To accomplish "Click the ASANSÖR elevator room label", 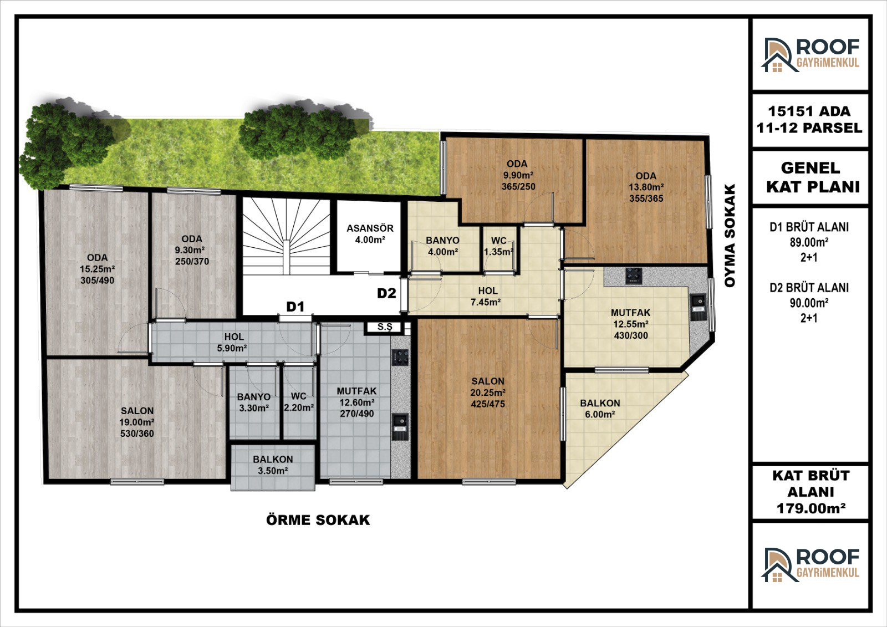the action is (x=370, y=234).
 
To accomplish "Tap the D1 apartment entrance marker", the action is (x=295, y=307).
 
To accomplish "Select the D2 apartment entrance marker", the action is (x=386, y=293).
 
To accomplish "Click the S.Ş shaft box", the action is (x=385, y=327).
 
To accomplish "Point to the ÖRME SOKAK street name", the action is (x=318, y=519).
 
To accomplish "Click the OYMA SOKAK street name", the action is (x=730, y=235).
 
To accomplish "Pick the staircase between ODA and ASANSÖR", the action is (x=286, y=237).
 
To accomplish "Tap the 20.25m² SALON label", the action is (x=488, y=392).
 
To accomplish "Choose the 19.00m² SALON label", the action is (x=137, y=422).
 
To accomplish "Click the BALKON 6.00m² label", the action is (x=600, y=409).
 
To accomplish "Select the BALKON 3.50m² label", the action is (x=273, y=465).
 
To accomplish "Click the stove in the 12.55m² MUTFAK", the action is (x=634, y=276).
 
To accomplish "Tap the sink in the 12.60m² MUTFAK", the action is (x=400, y=427).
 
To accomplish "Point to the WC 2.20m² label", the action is (x=299, y=401).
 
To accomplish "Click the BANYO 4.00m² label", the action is (x=443, y=246).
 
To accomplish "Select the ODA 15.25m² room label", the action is (x=97, y=269).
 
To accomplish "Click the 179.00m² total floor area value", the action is (x=811, y=508).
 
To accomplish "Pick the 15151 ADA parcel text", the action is (x=809, y=111).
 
